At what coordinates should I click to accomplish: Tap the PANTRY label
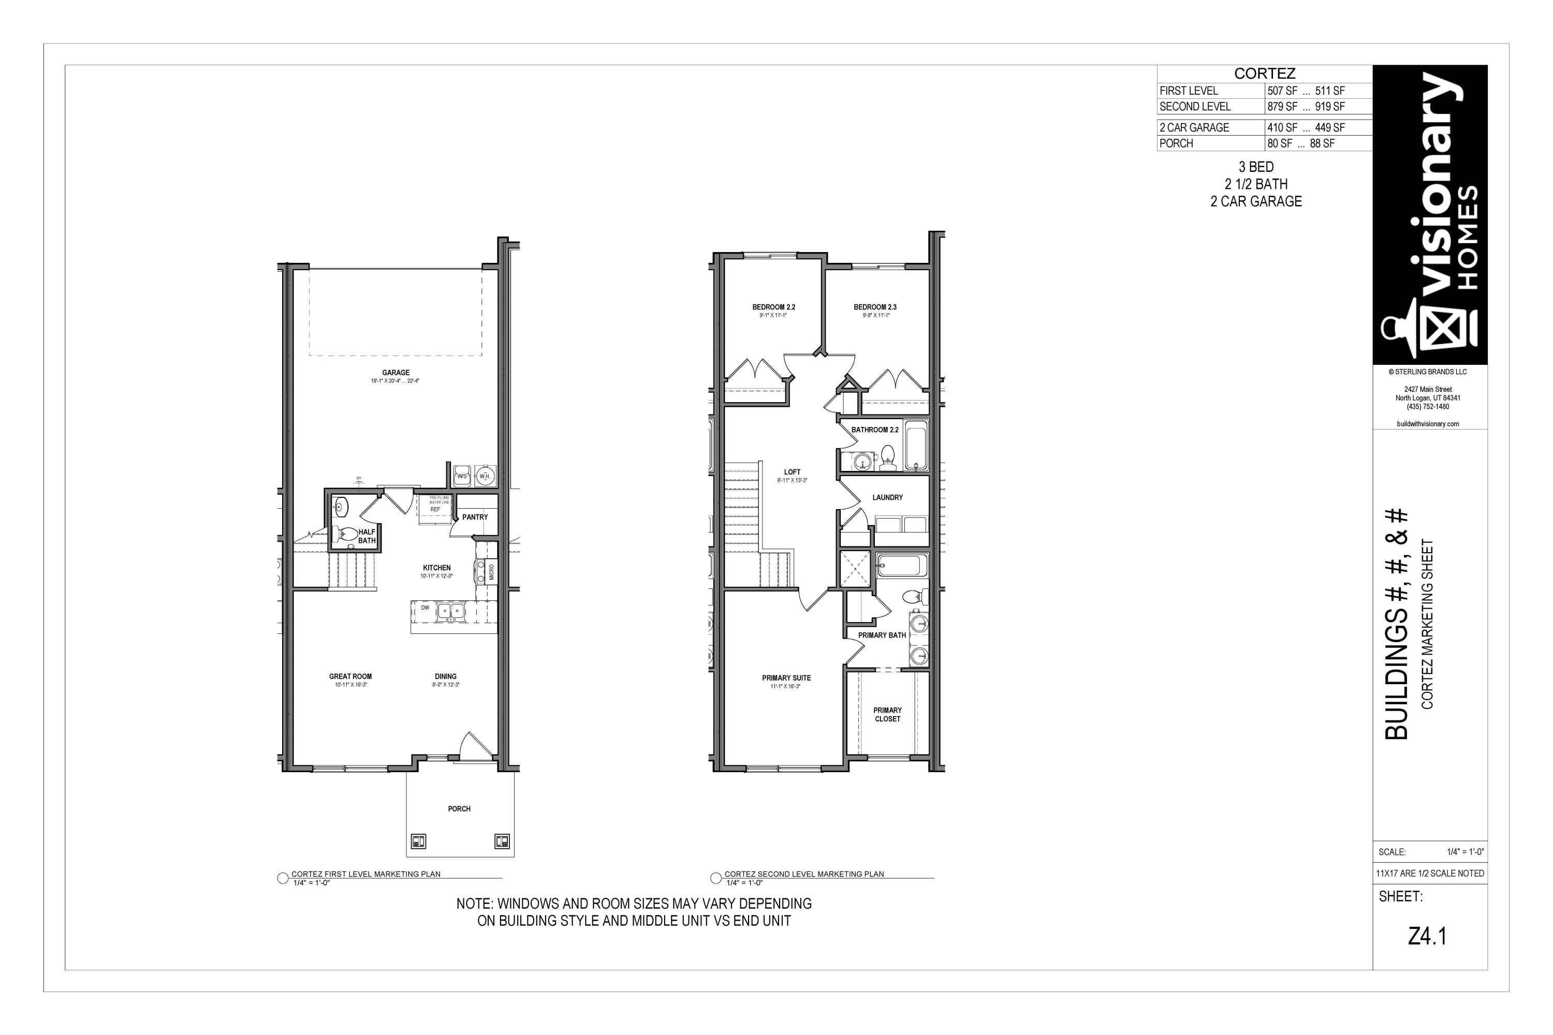click(475, 517)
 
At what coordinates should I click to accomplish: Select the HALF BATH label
click(367, 536)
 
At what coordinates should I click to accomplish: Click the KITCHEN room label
click(436, 568)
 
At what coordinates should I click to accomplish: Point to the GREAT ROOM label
click(350, 676)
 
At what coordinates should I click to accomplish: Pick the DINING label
click(446, 676)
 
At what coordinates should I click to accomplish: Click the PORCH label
click(459, 808)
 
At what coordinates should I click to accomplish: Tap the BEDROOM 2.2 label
click(773, 307)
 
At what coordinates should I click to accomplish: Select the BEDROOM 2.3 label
click(875, 307)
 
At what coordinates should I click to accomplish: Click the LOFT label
click(792, 472)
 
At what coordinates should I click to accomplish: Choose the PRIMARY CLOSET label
click(887, 715)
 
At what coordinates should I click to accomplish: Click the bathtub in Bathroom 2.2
click(916, 446)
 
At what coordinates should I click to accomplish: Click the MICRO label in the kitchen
click(491, 572)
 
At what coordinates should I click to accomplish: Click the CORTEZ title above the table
click(1265, 74)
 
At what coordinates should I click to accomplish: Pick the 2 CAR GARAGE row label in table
click(1194, 127)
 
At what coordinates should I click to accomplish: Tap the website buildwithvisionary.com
click(1428, 424)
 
